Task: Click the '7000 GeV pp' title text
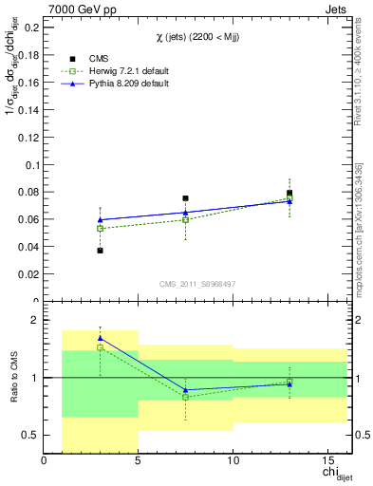(78, 9)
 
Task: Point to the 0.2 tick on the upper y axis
(31, 28)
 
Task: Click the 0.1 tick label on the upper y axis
(31, 164)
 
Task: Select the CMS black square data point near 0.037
(100, 251)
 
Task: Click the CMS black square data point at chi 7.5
(185, 198)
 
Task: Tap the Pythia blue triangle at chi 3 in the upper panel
(100, 220)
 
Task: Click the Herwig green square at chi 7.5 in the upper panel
(185, 220)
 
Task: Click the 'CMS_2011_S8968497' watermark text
(197, 284)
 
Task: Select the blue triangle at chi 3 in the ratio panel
(100, 338)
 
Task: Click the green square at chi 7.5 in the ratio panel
(185, 397)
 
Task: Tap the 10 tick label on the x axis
(233, 461)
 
